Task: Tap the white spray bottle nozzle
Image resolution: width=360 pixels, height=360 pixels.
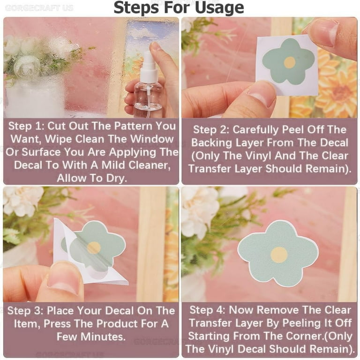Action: click(x=148, y=67)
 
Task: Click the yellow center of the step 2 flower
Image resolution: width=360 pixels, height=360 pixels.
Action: click(x=290, y=62)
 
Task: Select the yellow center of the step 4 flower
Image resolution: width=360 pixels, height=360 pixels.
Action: click(x=279, y=255)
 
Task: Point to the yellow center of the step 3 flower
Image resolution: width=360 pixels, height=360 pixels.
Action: click(x=94, y=247)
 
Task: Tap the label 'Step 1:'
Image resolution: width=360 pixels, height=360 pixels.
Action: click(x=26, y=126)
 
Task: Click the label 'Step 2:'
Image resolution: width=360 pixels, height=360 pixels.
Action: click(x=211, y=130)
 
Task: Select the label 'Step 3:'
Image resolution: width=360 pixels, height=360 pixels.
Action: click(x=25, y=311)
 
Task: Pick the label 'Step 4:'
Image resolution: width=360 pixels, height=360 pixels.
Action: click(x=207, y=310)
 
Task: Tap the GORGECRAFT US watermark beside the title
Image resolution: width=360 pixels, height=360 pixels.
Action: click(x=39, y=8)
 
